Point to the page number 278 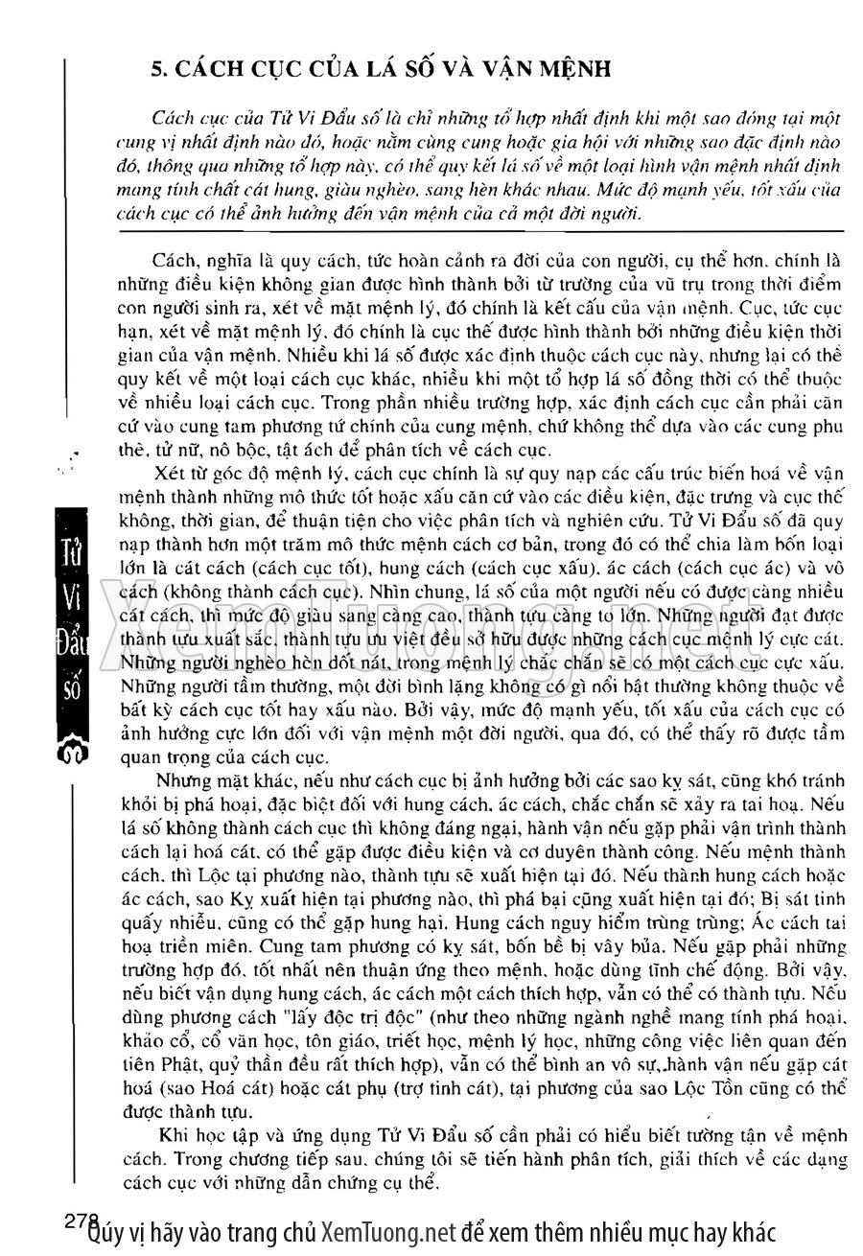[x=82, y=1221]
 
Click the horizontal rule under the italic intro [x=478, y=231]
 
